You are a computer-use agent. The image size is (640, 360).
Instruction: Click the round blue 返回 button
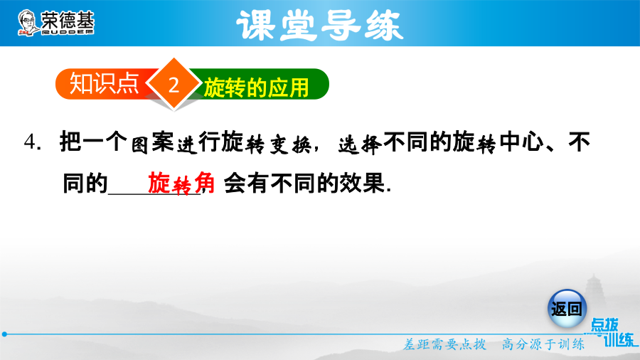pos(567,309)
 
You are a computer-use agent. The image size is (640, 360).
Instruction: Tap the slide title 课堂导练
pos(319,26)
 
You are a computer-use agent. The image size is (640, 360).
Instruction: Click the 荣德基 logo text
pos(68,20)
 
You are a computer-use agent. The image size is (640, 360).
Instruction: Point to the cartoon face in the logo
pos(27,23)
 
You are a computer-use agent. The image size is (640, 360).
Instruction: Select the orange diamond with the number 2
pos(174,84)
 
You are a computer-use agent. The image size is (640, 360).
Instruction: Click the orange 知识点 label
pos(104,84)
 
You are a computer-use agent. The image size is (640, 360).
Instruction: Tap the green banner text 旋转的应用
pos(256,88)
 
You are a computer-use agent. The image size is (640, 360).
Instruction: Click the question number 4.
pos(32,142)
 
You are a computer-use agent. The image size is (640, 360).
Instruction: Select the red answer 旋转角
pos(181,183)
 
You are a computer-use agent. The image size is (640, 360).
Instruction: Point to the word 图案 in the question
pos(152,143)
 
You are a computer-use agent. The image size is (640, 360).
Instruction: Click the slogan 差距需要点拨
pos(445,344)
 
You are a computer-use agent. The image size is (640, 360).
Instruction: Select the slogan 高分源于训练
pos(543,344)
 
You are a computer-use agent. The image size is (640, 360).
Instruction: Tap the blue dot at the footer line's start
pos(4,334)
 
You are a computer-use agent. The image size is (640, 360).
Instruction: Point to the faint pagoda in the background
pos(594,287)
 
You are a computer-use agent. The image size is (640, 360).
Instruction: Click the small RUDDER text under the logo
pos(68,32)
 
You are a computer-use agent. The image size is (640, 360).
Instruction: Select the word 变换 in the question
pos(290,144)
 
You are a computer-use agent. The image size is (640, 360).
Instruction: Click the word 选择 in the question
pos(360,144)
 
